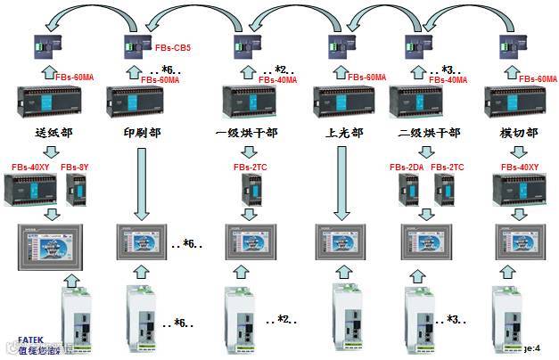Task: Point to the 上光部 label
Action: click(x=344, y=134)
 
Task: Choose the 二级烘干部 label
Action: click(x=429, y=134)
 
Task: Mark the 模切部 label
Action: click(x=519, y=134)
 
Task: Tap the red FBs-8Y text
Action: click(x=75, y=168)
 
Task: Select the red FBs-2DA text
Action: click(x=406, y=168)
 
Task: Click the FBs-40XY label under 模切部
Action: click(x=519, y=168)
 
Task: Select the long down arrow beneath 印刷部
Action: click(x=141, y=184)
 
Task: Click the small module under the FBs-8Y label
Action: click(x=75, y=190)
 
